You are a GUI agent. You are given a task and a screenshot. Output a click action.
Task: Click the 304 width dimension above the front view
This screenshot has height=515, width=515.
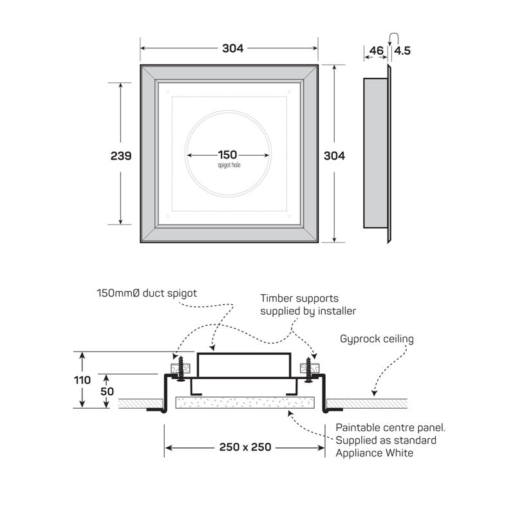coord(229,48)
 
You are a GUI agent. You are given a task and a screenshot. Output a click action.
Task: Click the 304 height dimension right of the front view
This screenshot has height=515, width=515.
coord(334,156)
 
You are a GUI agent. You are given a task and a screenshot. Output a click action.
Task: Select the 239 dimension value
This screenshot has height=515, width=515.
coord(120,156)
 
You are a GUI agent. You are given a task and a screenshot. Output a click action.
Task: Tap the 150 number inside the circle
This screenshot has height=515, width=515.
coord(227,154)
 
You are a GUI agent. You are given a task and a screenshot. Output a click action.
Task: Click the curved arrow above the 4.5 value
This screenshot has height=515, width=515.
coord(393,37)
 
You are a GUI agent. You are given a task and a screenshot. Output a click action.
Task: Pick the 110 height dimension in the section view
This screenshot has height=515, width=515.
coord(82,380)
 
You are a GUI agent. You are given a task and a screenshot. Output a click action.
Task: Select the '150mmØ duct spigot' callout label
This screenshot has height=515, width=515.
coord(146,293)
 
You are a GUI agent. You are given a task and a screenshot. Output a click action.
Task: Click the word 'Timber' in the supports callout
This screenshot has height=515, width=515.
coord(277,299)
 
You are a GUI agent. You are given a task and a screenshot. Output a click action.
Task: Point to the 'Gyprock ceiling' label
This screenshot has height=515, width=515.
coord(377,339)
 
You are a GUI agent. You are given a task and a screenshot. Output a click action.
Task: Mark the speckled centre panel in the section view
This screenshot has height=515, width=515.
coord(248,403)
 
